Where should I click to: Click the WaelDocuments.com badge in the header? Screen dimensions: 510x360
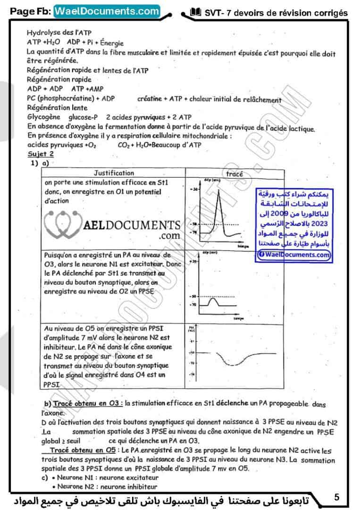tap(107, 11)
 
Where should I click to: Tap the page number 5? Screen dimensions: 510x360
tap(336, 497)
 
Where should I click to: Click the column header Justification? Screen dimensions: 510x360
tap(114, 173)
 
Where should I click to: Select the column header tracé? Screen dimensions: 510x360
tap(234, 174)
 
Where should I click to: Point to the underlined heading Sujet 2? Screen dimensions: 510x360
tap(41, 153)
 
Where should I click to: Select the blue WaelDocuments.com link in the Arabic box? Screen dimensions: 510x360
tap(294, 255)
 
